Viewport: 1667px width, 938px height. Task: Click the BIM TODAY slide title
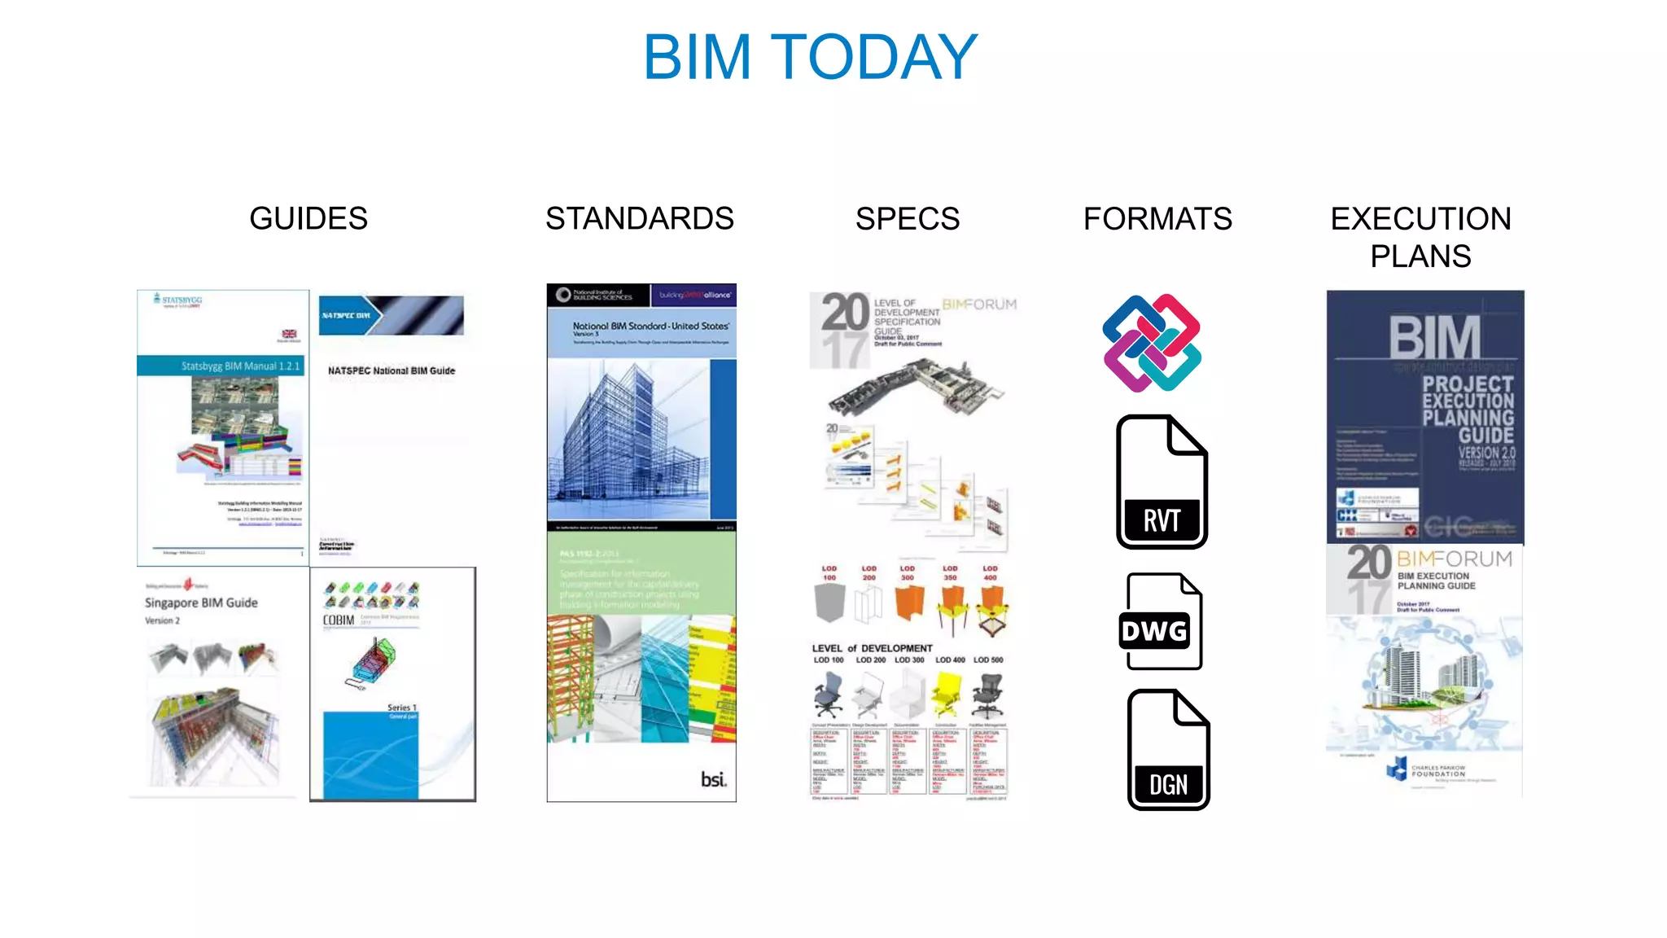point(810,57)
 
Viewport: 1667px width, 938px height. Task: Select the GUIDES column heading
point(308,218)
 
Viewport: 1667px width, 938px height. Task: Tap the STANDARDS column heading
point(640,218)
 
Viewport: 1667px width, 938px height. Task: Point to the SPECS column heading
point(908,218)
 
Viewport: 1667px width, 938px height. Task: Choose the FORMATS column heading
point(1157,218)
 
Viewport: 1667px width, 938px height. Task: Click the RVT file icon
point(1162,482)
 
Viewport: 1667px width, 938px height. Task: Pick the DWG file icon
point(1162,622)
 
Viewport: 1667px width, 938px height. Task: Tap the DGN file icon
point(1168,750)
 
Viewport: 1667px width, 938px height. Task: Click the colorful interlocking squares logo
point(1152,343)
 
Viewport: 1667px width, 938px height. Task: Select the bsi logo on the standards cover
point(713,779)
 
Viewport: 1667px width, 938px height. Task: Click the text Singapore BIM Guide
point(201,603)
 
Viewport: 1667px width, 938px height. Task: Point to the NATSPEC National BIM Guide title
point(392,370)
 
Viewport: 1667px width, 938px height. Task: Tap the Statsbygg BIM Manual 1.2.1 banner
point(240,366)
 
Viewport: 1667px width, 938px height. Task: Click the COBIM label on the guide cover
point(339,620)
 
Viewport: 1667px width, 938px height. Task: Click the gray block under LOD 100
point(829,603)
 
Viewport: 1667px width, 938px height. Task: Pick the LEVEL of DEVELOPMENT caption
point(872,648)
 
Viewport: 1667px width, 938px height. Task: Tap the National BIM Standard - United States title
point(650,326)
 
